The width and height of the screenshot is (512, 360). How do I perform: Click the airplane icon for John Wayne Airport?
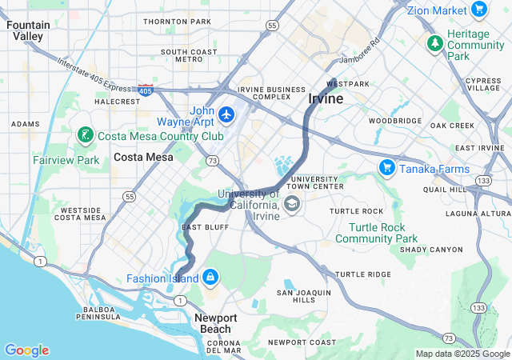pos(226,115)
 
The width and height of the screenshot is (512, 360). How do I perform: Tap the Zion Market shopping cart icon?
pos(479,10)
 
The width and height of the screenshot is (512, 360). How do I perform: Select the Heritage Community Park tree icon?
pos(434,42)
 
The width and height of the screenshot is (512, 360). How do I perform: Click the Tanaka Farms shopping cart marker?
pos(386,166)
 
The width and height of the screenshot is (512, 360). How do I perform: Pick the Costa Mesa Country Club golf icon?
pos(84,136)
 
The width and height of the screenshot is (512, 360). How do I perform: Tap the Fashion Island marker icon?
pos(210,278)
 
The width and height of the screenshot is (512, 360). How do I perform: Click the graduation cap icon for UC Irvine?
pos(292,204)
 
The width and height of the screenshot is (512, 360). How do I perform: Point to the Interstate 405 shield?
pos(145,90)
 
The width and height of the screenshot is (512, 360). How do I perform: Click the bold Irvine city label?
pos(326,98)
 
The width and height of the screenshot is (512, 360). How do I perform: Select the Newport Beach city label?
pos(215,323)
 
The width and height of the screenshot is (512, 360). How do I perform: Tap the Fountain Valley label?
pos(28,30)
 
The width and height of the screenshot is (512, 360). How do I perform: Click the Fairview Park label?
pos(66,160)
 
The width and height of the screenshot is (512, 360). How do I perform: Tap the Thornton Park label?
pos(177,21)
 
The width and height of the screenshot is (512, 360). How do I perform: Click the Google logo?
pos(26,350)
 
